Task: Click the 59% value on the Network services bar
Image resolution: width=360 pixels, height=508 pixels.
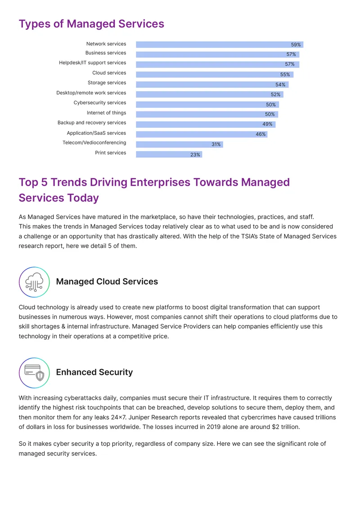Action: point(296,45)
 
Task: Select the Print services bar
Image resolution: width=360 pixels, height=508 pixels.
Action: point(169,155)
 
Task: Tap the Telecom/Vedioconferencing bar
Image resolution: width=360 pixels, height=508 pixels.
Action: point(180,144)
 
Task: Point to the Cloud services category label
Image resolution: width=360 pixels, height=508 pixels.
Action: point(109,73)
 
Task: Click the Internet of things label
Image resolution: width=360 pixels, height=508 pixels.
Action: point(106,113)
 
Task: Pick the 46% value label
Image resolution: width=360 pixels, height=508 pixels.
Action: point(261,134)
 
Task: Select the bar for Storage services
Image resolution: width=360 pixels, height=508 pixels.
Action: point(212,85)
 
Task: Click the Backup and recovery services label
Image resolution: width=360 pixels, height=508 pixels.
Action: point(92,123)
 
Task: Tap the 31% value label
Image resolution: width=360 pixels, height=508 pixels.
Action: point(216,144)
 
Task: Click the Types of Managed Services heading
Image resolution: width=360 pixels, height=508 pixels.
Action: point(91,24)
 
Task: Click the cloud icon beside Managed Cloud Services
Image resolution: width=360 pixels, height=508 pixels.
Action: point(34,282)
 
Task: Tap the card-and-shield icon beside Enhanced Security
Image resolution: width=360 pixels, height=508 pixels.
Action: point(34,373)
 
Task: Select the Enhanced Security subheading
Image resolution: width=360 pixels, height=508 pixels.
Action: point(94,372)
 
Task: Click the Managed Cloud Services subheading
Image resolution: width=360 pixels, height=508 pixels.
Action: point(107,281)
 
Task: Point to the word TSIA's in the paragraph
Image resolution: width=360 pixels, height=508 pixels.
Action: point(249,236)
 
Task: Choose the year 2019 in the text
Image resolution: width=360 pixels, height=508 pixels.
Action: point(213,427)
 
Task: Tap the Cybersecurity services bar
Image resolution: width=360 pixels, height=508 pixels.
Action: point(207,105)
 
